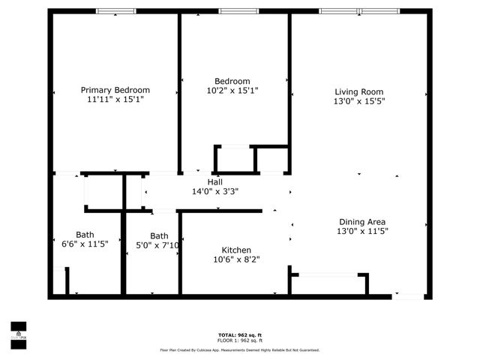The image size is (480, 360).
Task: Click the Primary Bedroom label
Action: tap(115, 90)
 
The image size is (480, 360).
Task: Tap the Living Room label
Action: tap(359, 91)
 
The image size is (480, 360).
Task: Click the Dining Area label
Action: tap(362, 222)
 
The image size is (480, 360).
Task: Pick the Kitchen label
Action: tap(236, 250)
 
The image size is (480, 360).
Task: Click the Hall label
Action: tap(215, 182)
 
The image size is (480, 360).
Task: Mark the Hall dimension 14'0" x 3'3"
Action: tap(215, 192)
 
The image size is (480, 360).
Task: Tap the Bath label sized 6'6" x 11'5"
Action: tap(85, 235)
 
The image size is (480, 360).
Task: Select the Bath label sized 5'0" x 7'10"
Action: tap(159, 235)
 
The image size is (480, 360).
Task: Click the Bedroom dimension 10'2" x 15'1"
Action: tap(232, 91)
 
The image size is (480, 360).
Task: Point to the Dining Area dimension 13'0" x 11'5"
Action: tap(362, 232)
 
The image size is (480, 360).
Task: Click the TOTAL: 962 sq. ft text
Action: tap(239, 334)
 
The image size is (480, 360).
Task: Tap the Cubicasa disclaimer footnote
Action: tap(239, 350)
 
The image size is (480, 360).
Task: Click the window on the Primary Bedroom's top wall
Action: tap(116, 11)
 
